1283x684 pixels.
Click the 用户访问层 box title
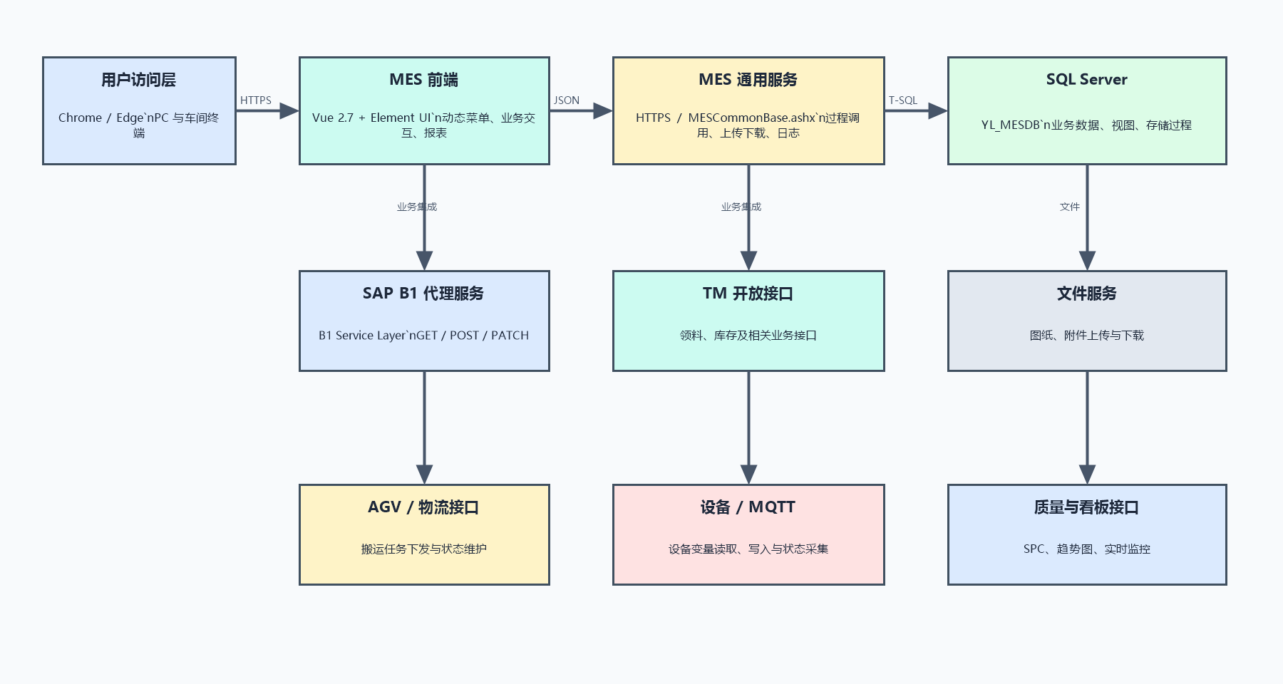[138, 80]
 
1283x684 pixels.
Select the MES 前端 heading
[424, 80]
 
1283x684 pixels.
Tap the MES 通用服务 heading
[748, 80]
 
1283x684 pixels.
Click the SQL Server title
[1087, 80]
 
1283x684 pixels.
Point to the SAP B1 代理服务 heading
[423, 294]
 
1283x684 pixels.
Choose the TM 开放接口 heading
[748, 294]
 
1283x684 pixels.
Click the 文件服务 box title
[1087, 294]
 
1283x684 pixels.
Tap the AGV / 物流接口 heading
[423, 507]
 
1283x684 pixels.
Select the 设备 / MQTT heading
[748, 507]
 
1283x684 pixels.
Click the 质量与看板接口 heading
[1087, 507]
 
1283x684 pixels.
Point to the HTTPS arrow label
[256, 100]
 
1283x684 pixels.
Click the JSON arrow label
[567, 100]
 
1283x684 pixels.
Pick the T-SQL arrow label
[903, 100]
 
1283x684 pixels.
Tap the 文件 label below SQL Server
[1070, 207]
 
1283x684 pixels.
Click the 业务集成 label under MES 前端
[417, 207]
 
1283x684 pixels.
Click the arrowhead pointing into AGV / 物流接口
[424, 475]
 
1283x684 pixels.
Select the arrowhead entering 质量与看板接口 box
[1087, 475]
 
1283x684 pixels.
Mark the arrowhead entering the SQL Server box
[938, 110]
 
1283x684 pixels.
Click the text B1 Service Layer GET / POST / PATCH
[424, 336]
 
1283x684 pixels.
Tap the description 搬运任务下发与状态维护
[424, 549]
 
